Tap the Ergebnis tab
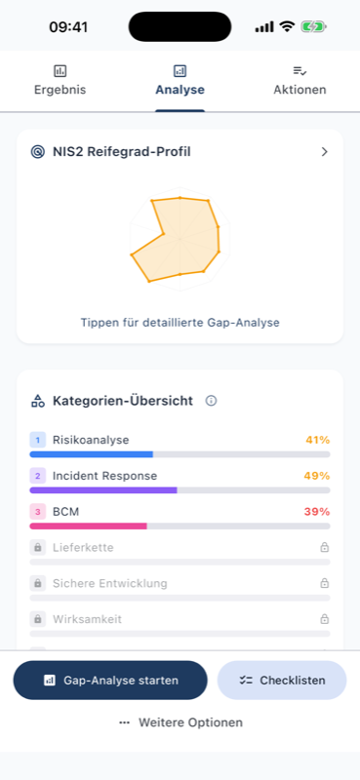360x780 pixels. pyautogui.click(x=60, y=81)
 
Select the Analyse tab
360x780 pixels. pyautogui.click(x=180, y=81)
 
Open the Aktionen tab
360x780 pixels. pyautogui.click(x=300, y=81)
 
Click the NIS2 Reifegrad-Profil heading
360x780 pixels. pyautogui.click(x=121, y=152)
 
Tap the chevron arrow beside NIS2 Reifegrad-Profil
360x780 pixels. pyautogui.click(x=324, y=152)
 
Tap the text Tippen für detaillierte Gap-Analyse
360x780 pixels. pyautogui.click(x=180, y=322)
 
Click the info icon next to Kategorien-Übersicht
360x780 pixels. pyautogui.click(x=211, y=401)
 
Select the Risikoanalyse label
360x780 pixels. pyautogui.click(x=91, y=440)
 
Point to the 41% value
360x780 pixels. pyautogui.click(x=317, y=440)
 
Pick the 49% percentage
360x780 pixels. pyautogui.click(x=317, y=476)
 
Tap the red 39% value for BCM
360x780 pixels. pyautogui.click(x=317, y=512)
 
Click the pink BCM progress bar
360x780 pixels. pyautogui.click(x=88, y=526)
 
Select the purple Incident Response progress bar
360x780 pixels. pyautogui.click(x=103, y=489)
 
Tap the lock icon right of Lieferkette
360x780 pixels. pyautogui.click(x=325, y=548)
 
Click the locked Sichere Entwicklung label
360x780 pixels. pyautogui.click(x=109, y=583)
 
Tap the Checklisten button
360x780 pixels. pyautogui.click(x=281, y=681)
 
